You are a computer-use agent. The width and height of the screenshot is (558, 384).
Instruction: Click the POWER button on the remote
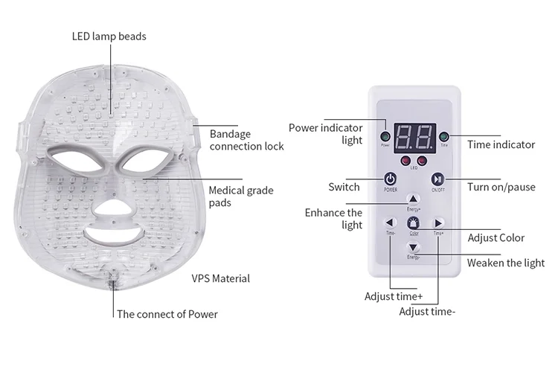pyautogui.click(x=390, y=179)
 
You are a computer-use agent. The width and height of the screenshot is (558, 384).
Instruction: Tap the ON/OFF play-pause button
pyautogui.click(x=438, y=179)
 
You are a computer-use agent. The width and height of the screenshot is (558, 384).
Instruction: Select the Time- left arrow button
pyautogui.click(x=390, y=223)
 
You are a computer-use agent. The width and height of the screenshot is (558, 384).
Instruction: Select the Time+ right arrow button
pyautogui.click(x=438, y=223)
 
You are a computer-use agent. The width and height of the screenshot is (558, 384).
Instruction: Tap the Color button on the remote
pyautogui.click(x=414, y=223)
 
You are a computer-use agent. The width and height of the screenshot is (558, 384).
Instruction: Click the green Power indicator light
pyautogui.click(x=385, y=137)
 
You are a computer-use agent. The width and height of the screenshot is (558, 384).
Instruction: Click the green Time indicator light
pyautogui.click(x=443, y=137)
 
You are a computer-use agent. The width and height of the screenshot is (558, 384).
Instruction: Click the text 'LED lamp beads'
pyautogui.click(x=109, y=36)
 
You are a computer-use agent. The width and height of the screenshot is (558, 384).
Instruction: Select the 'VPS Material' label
pyautogui.click(x=220, y=278)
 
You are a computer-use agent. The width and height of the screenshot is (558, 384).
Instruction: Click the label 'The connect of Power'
pyautogui.click(x=167, y=314)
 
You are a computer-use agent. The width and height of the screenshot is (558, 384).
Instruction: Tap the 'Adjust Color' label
pyautogui.click(x=496, y=238)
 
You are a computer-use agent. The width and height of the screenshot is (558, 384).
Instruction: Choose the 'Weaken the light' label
pyautogui.click(x=505, y=263)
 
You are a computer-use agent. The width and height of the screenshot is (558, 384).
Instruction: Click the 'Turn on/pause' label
pyautogui.click(x=501, y=187)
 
